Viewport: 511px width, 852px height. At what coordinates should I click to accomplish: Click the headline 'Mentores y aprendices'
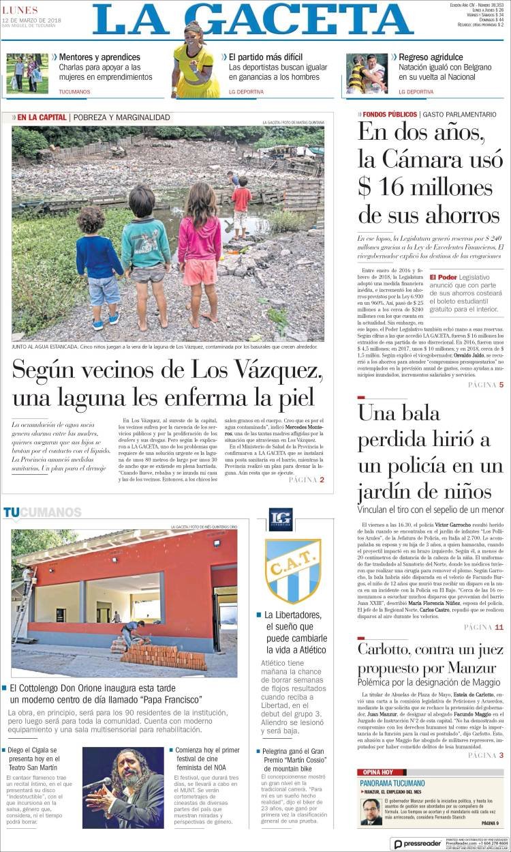pyautogui.click(x=99, y=57)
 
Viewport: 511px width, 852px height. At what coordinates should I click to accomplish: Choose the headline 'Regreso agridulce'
pyautogui.click(x=431, y=57)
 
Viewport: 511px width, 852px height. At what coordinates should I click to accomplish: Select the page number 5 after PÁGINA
pyautogui.click(x=501, y=385)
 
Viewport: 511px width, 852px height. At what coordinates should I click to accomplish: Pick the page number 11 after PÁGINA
pyautogui.click(x=499, y=627)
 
